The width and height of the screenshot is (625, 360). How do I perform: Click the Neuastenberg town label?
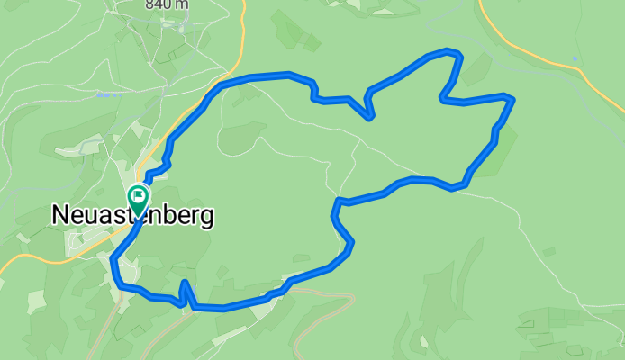132,216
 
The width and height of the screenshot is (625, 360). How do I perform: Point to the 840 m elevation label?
167,4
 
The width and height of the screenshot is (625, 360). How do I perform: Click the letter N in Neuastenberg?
60,216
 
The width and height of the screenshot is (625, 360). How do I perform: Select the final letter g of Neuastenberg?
206,219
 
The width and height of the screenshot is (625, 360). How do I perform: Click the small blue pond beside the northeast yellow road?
575,59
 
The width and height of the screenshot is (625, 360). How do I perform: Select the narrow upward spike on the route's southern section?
184,283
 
